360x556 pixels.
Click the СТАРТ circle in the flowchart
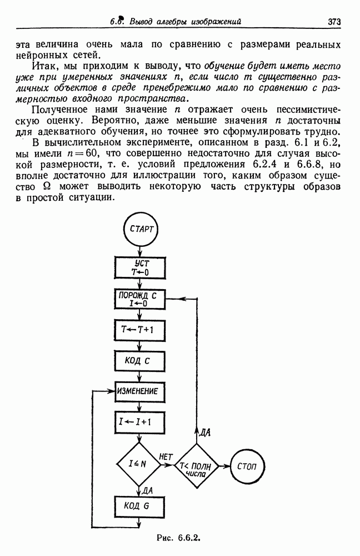141,229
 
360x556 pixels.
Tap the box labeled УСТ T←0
141,268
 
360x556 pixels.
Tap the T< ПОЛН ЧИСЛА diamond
196,466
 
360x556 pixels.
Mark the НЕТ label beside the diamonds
166,456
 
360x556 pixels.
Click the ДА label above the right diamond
204,433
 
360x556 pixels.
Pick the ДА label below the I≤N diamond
147,491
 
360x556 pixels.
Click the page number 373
334,22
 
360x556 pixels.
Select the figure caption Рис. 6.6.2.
178,538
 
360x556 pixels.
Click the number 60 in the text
87,153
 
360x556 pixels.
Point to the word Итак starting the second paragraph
43,66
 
